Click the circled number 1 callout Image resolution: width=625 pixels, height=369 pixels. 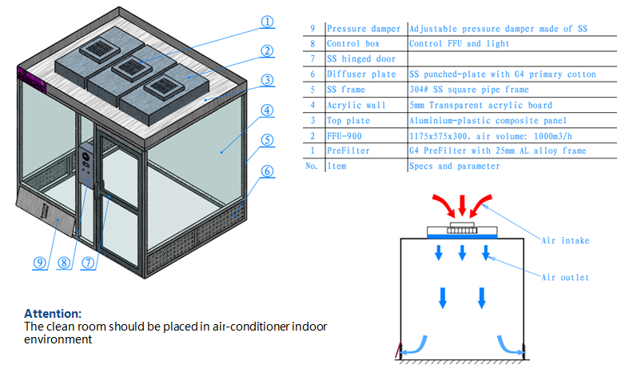click(268, 22)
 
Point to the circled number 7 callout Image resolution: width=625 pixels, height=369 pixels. click(89, 261)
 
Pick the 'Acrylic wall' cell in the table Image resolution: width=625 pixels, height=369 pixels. click(356, 105)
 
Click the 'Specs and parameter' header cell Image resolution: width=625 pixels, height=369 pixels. click(452, 166)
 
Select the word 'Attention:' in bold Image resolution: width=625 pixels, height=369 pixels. click(53, 313)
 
